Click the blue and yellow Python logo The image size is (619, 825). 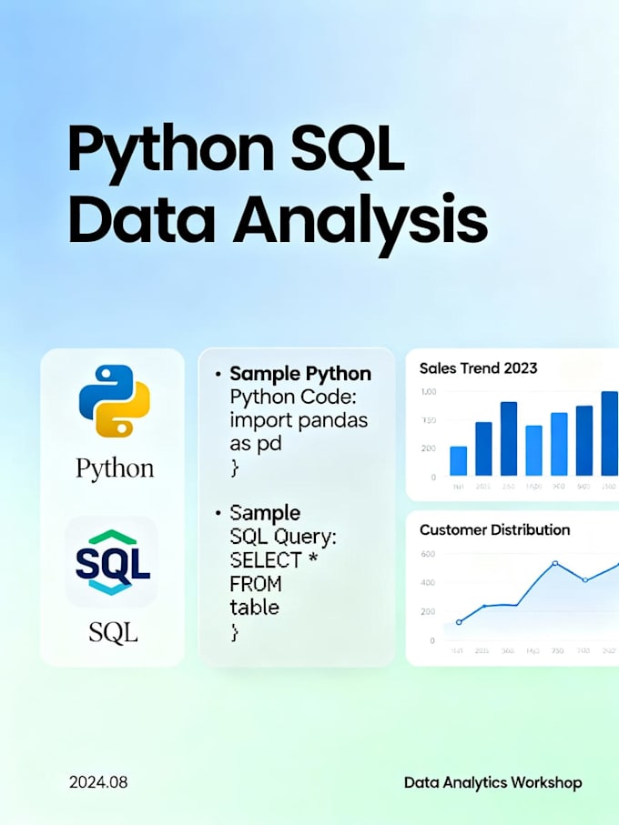coord(114,401)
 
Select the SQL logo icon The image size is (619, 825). coord(113,563)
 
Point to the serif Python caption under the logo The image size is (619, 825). coord(114,469)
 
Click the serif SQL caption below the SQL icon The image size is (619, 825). coord(113,630)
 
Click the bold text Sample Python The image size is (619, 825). coord(300,374)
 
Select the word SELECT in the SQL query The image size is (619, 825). coord(265,559)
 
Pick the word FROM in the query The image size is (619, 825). coord(256,583)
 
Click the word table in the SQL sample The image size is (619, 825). coord(255,607)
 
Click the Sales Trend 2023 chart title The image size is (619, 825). coord(478,368)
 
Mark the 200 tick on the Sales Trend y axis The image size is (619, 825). coord(427,448)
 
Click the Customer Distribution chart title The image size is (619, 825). coord(494,529)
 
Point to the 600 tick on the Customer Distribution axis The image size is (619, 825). coord(427,554)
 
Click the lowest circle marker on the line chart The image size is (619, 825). coord(458,622)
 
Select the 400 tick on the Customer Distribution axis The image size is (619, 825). coord(427,583)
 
